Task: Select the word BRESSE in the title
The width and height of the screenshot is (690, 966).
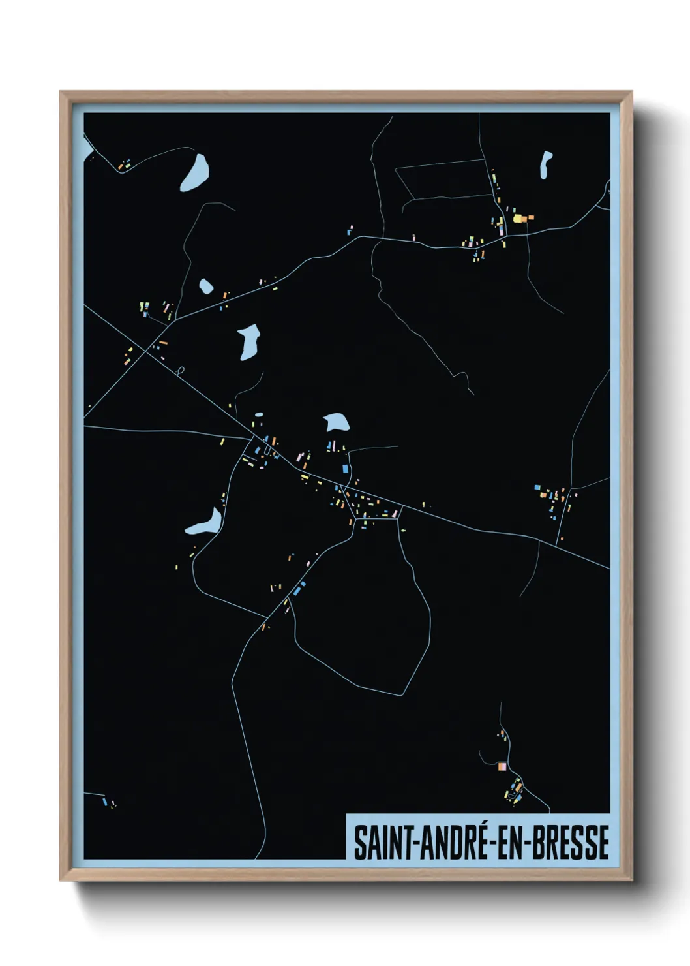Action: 571,843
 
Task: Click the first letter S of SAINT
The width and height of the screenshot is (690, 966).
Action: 359,843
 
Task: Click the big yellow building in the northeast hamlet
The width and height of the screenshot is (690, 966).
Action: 519,219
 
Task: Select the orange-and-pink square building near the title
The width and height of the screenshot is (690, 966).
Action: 502,766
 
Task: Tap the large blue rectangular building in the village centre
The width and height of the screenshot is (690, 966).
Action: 346,468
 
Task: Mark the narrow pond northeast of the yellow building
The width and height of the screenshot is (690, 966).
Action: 545,164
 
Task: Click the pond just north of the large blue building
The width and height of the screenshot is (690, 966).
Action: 337,423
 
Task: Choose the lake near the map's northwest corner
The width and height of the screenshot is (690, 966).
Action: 196,172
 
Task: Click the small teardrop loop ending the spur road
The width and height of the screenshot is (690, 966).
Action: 181,371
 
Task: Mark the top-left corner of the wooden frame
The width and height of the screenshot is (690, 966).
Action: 61,93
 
